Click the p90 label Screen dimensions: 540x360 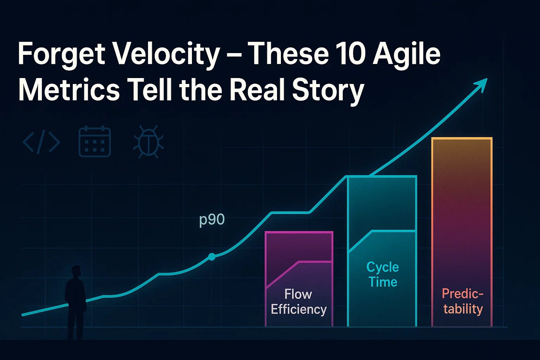point(212,220)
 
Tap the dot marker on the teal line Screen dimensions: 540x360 point(212,257)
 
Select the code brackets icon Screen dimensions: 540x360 point(41,142)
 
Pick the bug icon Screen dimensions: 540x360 point(148,142)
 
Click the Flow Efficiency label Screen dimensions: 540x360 point(299,302)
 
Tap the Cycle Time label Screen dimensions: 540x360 point(383,275)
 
